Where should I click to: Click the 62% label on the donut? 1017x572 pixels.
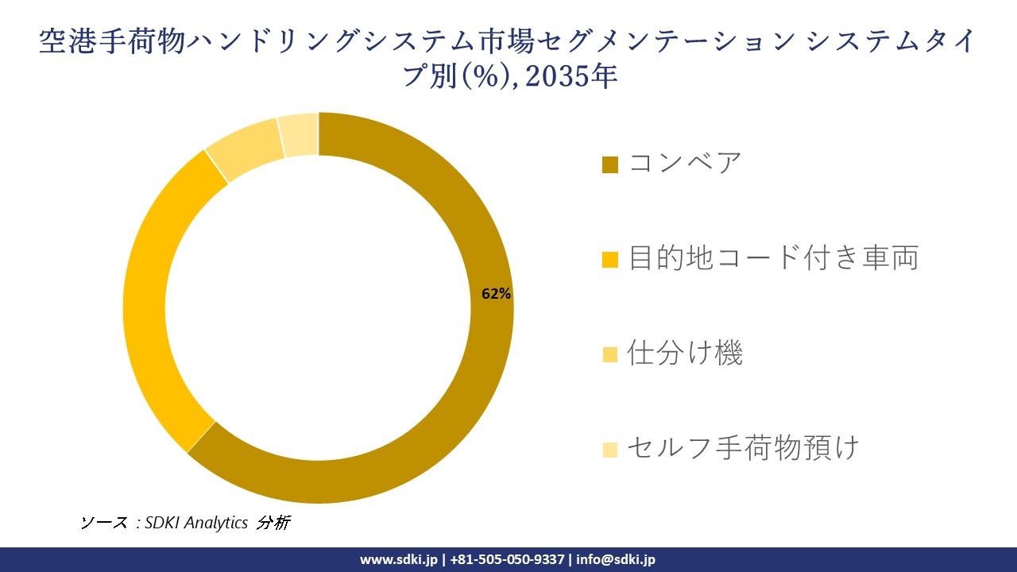pos(496,293)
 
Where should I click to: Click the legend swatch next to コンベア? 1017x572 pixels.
pos(610,164)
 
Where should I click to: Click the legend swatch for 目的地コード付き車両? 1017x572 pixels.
pos(610,260)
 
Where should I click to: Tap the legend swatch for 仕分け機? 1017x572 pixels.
pos(610,354)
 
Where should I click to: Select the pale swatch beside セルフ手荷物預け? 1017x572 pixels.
pos(610,450)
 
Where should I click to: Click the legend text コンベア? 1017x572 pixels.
pos(685,164)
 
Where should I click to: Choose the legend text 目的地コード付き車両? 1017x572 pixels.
pos(773,258)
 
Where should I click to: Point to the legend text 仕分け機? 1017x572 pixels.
pos(685,354)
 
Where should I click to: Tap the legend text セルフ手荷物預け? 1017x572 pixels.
pos(743,448)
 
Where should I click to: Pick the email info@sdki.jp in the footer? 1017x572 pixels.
pos(616,559)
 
